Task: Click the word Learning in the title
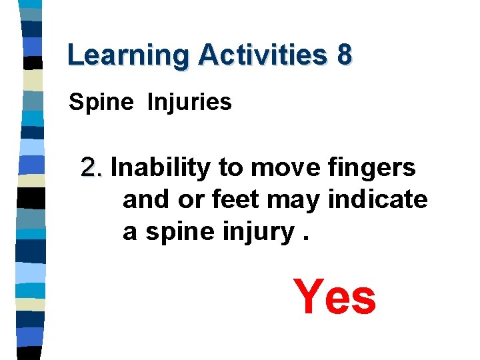[x=127, y=55]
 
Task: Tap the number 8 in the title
[x=343, y=55]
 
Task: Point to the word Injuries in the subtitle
[x=189, y=103]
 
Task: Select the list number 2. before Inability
[x=92, y=168]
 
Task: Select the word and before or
[x=147, y=199]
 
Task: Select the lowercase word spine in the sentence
[x=175, y=232]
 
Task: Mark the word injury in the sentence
[x=253, y=232]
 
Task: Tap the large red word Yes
[x=335, y=297]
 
